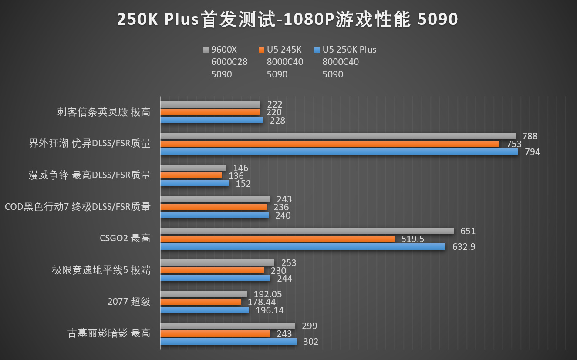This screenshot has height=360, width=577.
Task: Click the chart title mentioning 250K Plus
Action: [287, 19]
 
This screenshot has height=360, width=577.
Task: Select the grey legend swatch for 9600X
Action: [206, 50]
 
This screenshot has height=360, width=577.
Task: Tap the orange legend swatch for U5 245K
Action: [261, 50]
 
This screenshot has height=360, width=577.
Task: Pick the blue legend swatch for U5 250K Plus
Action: [317, 50]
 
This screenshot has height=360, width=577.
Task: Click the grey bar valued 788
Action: [338, 136]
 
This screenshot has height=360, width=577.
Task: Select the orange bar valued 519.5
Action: [277, 239]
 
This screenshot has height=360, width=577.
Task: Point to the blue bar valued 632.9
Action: [303, 247]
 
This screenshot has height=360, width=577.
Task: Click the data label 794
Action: [533, 152]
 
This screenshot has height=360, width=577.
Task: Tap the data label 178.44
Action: [261, 302]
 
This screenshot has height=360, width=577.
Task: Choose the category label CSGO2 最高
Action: [125, 239]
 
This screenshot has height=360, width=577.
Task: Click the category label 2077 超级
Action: [129, 302]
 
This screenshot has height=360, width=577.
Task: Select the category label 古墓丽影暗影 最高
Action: [109, 333]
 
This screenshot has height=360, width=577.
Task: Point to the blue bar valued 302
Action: [229, 342]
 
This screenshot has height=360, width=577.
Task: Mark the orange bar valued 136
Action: [191, 175]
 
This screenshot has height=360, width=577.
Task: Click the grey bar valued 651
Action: [307, 231]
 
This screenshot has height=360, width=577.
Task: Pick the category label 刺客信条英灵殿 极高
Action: [104, 112]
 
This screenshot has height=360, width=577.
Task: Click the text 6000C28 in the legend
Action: [229, 62]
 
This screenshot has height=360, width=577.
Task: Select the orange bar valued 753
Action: [330, 144]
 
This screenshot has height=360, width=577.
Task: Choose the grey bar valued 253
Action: [217, 262]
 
